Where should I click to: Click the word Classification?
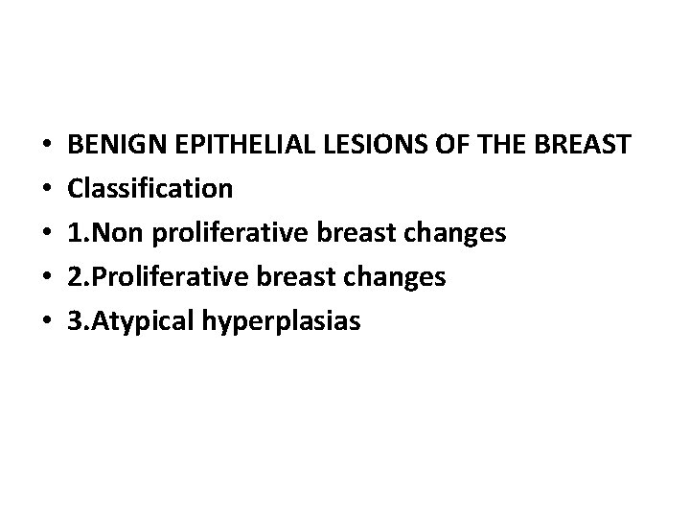(150, 189)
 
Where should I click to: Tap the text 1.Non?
(100, 233)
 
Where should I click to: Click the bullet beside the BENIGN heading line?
(47, 146)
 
